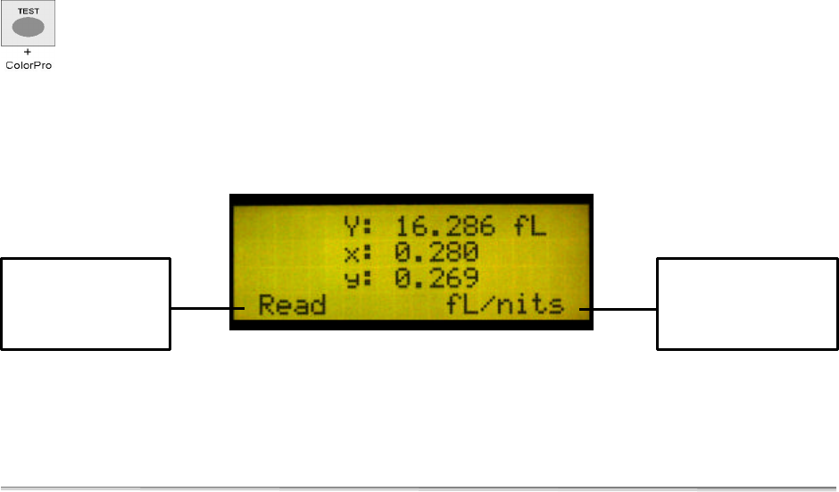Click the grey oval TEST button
tap(29, 28)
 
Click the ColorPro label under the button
tap(29, 66)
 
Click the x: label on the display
tap(358, 254)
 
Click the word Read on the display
tap(292, 305)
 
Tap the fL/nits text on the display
tap(506, 305)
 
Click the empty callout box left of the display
tap(86, 304)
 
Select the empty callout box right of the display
tap(748, 304)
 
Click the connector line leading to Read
tap(205, 309)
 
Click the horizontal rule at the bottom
tap(419, 488)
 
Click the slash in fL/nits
tap(494, 305)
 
